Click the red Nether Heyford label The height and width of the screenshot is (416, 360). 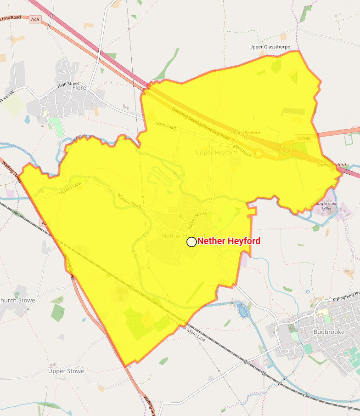pos(229,241)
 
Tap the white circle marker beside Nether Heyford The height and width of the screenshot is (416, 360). pos(191,242)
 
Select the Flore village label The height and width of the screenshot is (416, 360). pos(79,87)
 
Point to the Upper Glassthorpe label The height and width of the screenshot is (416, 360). pos(270,47)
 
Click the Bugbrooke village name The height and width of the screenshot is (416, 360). pos(328,331)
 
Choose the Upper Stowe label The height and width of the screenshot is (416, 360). pos(66,371)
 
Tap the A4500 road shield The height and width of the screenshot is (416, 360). pos(304,138)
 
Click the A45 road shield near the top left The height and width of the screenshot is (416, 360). pos(35,19)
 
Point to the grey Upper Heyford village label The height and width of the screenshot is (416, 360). pos(216,153)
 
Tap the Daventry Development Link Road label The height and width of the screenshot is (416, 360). pos(201,123)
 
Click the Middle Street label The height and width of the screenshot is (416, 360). pos(197,220)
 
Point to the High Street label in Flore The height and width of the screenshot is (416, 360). pos(68,85)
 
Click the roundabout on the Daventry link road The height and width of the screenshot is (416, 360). pos(259,154)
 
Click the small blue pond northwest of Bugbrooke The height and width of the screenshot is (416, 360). pos(242,311)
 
